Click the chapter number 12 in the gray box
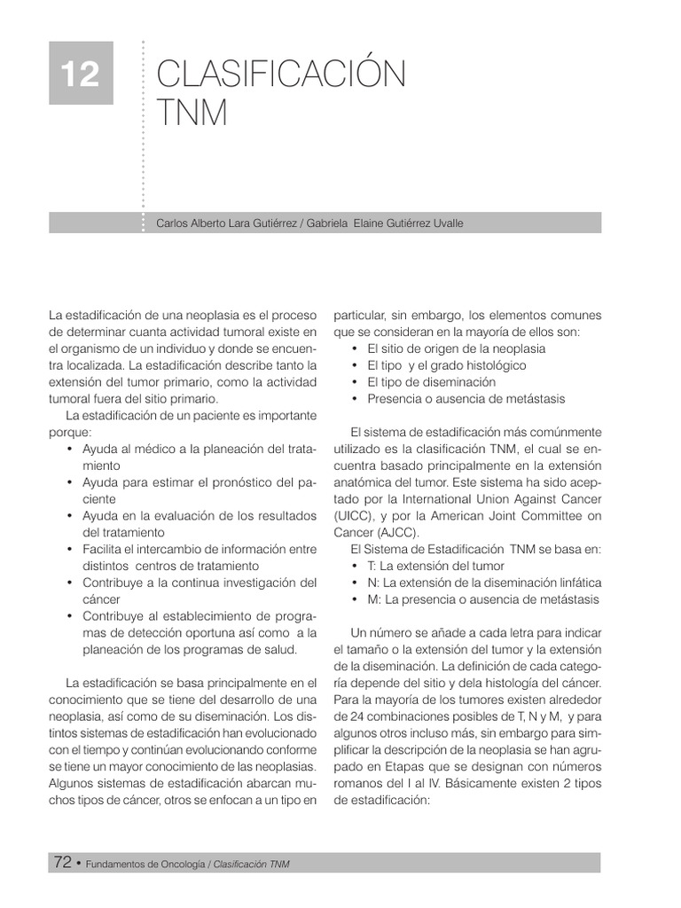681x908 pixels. (x=81, y=74)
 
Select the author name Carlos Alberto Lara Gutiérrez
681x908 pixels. (x=227, y=223)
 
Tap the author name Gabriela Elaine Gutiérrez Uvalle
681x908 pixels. (x=385, y=223)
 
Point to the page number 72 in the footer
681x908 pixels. (x=62, y=863)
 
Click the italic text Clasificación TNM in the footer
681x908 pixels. (x=252, y=864)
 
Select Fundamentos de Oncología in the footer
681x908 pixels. (x=145, y=864)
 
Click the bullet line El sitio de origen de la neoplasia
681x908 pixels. (x=456, y=348)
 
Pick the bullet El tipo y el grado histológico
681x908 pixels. (x=446, y=365)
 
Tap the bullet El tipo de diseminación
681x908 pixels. (x=431, y=382)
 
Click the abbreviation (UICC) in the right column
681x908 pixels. (x=353, y=516)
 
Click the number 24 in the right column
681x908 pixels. (x=357, y=716)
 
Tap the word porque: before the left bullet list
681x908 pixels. (x=70, y=433)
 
